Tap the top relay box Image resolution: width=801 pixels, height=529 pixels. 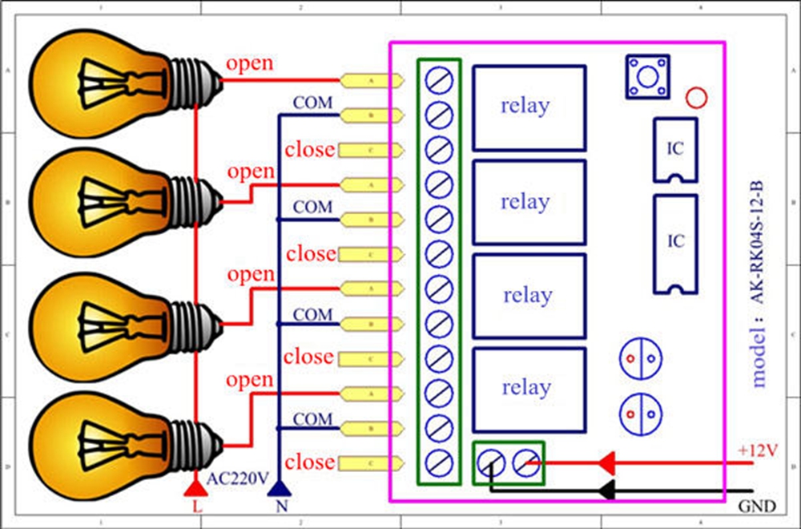[x=529, y=107]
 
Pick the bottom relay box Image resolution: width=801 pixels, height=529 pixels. [x=529, y=389]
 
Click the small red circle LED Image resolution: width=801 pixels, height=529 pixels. [x=697, y=99]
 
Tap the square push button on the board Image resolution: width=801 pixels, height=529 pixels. [x=647, y=75]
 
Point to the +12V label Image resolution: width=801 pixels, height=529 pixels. [x=757, y=450]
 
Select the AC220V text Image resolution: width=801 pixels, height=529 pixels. [x=237, y=479]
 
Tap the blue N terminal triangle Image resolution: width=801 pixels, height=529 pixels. [x=279, y=487]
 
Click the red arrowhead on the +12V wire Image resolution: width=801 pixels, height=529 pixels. [x=607, y=462]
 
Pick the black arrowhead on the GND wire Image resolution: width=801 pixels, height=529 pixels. [x=607, y=489]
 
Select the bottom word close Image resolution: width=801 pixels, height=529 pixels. [x=309, y=462]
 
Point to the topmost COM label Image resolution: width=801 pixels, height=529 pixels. [x=312, y=103]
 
